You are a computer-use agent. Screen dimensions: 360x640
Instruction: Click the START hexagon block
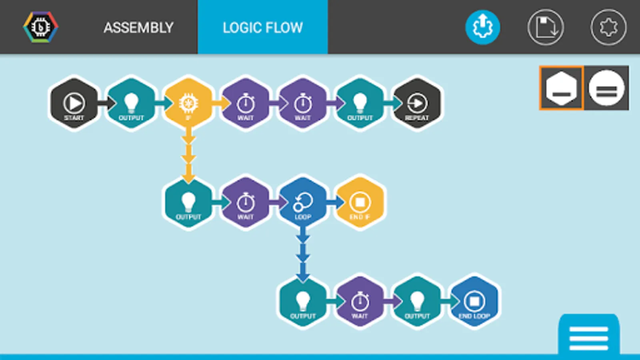tap(74, 104)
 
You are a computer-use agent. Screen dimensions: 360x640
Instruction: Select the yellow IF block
tap(188, 104)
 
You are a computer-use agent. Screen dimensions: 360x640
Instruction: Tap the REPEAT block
tap(417, 104)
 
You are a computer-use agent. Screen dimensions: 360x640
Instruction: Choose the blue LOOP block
tap(303, 203)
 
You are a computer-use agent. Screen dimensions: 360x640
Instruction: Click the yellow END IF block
tap(360, 203)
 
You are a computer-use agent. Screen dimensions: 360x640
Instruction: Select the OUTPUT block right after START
tap(131, 104)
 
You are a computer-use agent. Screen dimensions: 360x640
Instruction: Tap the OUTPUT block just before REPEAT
tap(360, 104)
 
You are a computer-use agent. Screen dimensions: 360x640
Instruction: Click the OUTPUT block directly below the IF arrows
tap(188, 203)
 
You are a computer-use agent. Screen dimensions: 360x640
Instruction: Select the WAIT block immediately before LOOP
tap(246, 203)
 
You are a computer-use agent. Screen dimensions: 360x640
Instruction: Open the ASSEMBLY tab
tap(138, 28)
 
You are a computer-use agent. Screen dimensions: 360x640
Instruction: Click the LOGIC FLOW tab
tap(263, 28)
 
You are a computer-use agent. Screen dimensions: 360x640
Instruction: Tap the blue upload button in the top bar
tap(483, 27)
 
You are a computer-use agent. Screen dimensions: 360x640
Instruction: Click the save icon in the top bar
tap(546, 27)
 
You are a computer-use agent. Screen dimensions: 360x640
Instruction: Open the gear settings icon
tap(608, 27)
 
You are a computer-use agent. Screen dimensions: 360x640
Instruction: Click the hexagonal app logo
tap(40, 27)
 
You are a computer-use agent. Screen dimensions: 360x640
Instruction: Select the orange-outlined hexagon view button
tap(562, 88)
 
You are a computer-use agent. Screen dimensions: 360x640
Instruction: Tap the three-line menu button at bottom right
tap(589, 338)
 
